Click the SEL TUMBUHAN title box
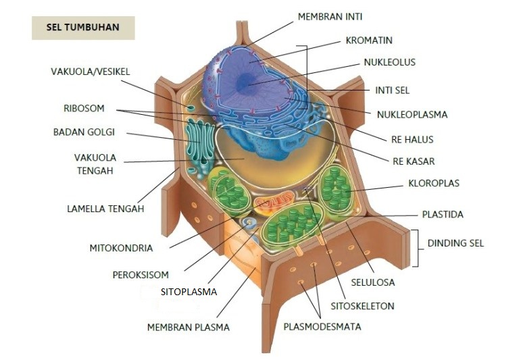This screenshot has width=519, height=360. tap(83, 28)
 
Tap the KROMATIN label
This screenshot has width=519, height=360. tap(369, 41)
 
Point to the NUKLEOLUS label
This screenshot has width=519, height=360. tap(389, 62)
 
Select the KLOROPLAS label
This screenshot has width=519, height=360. tap(435, 183)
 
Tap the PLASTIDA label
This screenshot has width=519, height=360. tap(443, 215)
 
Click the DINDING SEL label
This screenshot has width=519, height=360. tap(455, 243)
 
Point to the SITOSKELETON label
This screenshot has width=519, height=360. tap(362, 306)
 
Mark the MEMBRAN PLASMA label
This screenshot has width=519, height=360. tap(189, 328)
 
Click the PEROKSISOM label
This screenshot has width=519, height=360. tap(141, 275)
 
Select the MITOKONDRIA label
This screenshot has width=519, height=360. tap(122, 248)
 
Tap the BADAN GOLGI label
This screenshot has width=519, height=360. tap(84, 132)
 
